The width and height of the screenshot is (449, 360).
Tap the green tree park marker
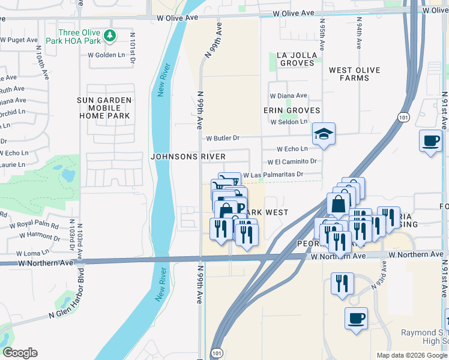[109, 36]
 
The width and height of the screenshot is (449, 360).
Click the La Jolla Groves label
[296, 58]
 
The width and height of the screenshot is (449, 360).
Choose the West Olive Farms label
[354, 74]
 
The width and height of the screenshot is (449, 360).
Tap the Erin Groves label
[292, 110]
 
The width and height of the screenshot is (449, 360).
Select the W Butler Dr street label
[223, 138]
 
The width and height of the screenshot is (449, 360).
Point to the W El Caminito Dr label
[292, 161]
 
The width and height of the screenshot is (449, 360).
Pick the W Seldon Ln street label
[289, 122]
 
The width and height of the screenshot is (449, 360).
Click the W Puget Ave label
[19, 40]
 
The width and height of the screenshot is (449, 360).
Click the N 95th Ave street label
[322, 38]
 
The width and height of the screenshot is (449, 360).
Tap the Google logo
[20, 353]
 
